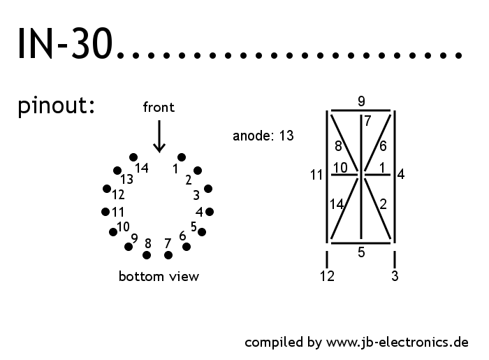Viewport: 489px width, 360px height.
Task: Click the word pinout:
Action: [x=57, y=107]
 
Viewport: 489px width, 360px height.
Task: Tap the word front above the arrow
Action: [x=159, y=107]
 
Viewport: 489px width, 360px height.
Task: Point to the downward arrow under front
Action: [x=159, y=136]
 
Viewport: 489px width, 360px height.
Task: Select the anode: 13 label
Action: [x=263, y=136]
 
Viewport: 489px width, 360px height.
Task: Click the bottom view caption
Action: [x=159, y=276]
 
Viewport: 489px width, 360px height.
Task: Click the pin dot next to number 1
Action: [x=182, y=157]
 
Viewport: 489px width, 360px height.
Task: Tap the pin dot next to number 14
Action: [x=133, y=157]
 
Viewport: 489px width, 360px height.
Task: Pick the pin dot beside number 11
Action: [x=105, y=211]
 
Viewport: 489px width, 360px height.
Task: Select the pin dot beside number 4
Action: [x=209, y=211]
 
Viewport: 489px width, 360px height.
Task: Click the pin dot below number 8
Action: [x=147, y=255]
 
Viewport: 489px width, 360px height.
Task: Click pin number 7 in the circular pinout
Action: [x=167, y=243]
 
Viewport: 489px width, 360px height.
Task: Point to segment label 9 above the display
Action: [x=361, y=101]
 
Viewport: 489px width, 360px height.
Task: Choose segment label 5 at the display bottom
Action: [x=361, y=253]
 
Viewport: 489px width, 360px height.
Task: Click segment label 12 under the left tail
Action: [x=327, y=276]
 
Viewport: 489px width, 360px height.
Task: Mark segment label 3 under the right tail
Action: [x=395, y=276]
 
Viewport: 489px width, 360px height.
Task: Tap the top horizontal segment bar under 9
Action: [x=360, y=110]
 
